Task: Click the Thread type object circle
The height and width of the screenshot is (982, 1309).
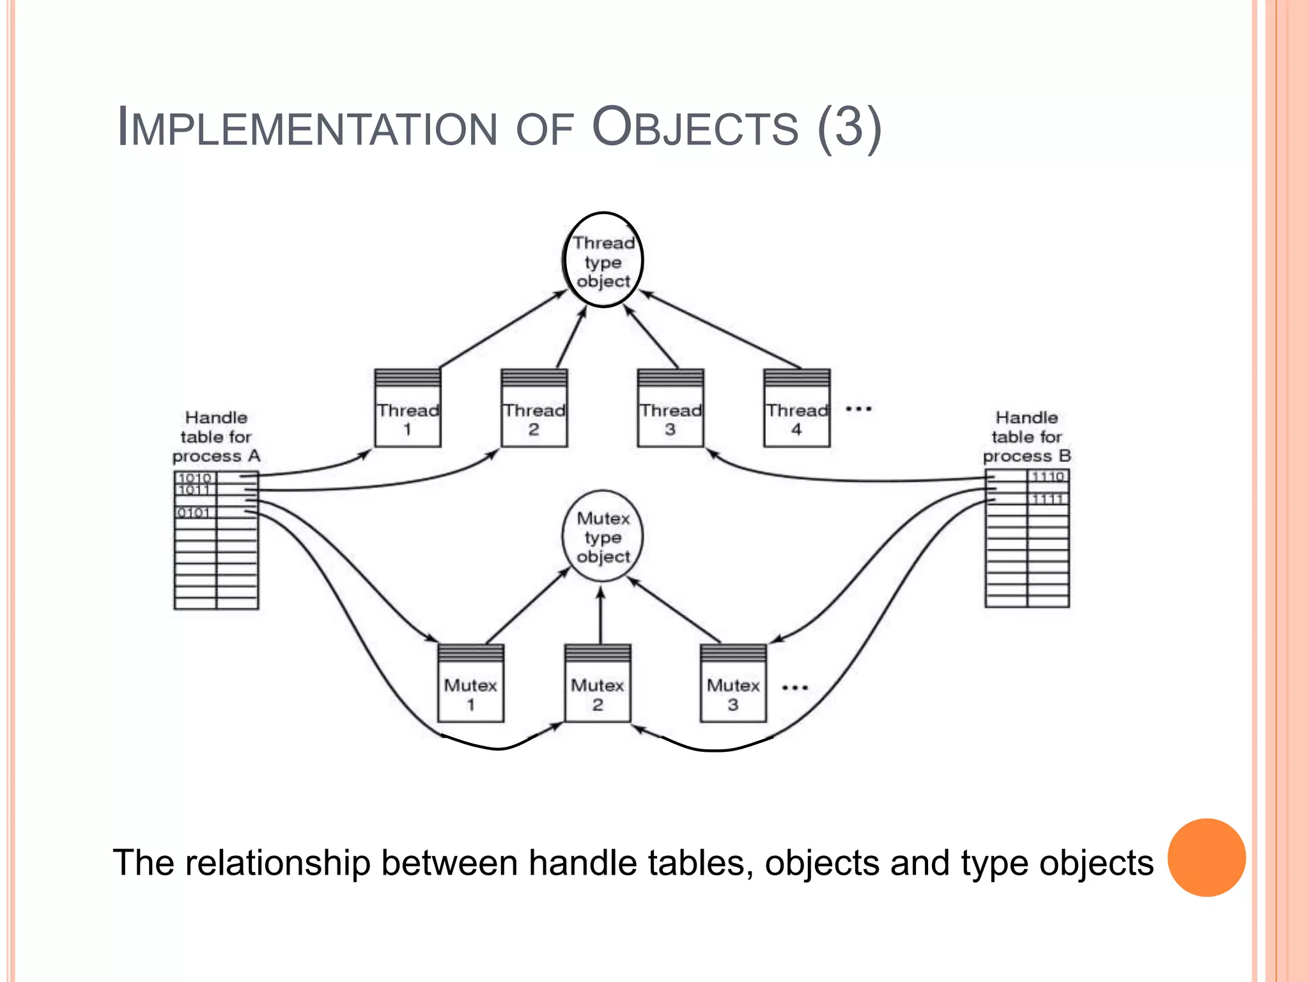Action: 603,260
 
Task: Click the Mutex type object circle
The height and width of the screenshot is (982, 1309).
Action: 602,536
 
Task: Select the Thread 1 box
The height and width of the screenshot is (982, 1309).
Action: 407,409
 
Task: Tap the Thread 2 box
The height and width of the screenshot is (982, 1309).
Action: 534,409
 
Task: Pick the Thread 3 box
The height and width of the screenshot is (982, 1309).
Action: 670,409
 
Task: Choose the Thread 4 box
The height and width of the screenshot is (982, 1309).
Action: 796,409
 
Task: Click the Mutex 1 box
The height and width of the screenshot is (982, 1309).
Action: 470,685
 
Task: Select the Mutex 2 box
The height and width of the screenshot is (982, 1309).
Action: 597,685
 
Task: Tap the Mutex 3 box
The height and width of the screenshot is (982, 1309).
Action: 733,685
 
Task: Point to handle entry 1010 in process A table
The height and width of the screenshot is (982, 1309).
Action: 195,478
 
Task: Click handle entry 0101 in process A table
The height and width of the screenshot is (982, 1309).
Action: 194,513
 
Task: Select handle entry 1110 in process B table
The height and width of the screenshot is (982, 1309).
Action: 1048,476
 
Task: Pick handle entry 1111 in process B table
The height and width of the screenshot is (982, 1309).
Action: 1048,499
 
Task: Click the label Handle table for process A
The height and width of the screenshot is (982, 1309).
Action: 216,437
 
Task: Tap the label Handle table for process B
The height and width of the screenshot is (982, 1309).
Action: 1026,437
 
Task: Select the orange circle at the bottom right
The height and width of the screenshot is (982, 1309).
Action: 1206,857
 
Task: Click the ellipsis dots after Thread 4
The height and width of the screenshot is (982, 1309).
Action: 858,409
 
